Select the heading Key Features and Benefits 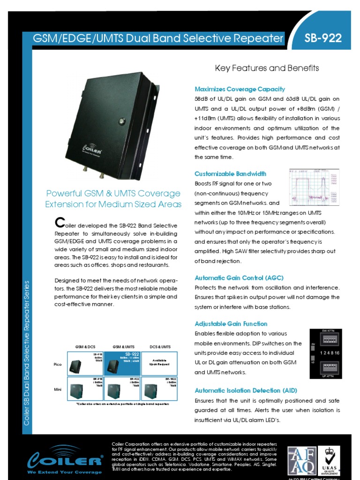click(267, 68)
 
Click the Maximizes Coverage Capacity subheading click(232, 89)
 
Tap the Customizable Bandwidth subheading click(230, 173)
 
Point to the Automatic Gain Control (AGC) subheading click(239, 277)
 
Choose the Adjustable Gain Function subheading click(231, 323)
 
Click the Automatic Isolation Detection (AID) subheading click(246, 390)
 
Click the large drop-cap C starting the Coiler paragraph click(59, 222)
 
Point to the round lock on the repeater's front click(121, 121)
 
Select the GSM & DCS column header click(85, 347)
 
